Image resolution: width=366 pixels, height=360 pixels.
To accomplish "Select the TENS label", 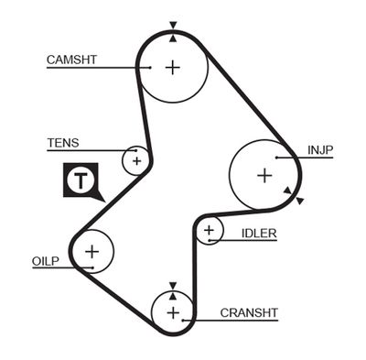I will pyautogui.click(x=62, y=142).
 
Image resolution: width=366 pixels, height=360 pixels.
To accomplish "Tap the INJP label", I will pyautogui.click(x=320, y=149).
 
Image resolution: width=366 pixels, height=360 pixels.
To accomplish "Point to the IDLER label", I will pyautogui.click(x=259, y=234).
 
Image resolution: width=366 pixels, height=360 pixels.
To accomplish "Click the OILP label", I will pyautogui.click(x=45, y=262).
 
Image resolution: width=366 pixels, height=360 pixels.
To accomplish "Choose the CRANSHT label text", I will pyautogui.click(x=249, y=313).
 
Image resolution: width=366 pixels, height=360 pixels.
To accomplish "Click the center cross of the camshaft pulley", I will pyautogui.click(x=173, y=67).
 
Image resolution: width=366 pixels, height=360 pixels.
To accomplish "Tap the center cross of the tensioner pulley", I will pyautogui.click(x=136, y=161).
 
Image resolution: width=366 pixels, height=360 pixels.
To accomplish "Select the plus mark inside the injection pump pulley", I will pyautogui.click(x=264, y=174).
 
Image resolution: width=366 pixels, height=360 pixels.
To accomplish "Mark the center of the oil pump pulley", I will pyautogui.click(x=91, y=250).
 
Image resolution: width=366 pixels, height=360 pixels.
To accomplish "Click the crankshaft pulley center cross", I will pyautogui.click(x=172, y=312).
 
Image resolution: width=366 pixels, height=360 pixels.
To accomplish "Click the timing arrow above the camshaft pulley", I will pyautogui.click(x=173, y=27).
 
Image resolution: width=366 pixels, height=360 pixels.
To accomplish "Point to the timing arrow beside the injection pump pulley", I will pyautogui.click(x=289, y=191).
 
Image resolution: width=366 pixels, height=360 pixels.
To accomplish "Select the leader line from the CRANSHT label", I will pyautogui.click(x=203, y=321).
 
